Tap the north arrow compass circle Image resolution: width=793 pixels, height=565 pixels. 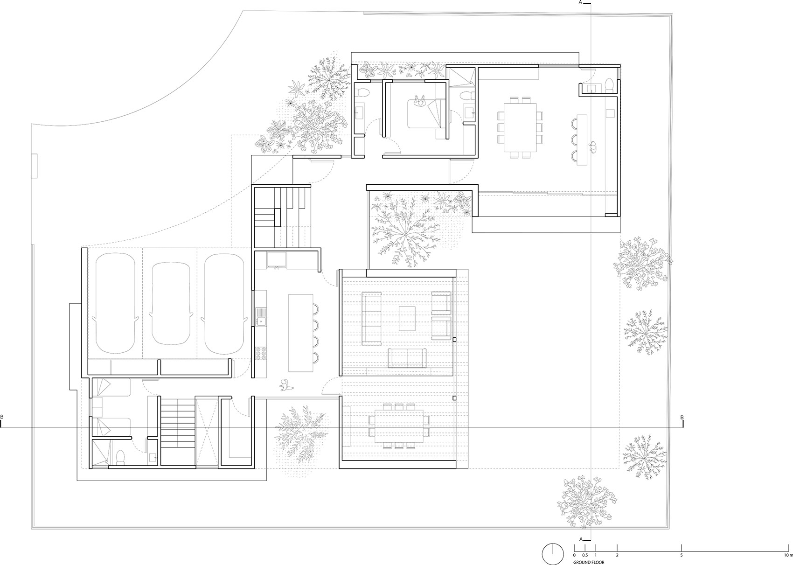point(553,554)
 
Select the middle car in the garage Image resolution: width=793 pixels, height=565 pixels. point(171,303)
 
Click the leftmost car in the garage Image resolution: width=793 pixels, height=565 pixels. point(115,303)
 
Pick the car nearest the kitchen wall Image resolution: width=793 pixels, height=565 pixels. point(224,303)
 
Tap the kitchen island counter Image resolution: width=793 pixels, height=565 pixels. point(300,333)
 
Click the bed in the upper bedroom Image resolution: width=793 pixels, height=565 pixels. point(425,113)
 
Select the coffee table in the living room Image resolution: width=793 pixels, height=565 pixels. point(407,318)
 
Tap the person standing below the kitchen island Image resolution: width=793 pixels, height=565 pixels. point(285,385)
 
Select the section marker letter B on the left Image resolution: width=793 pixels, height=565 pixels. point(2,417)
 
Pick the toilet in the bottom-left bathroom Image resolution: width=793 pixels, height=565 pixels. point(120,457)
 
